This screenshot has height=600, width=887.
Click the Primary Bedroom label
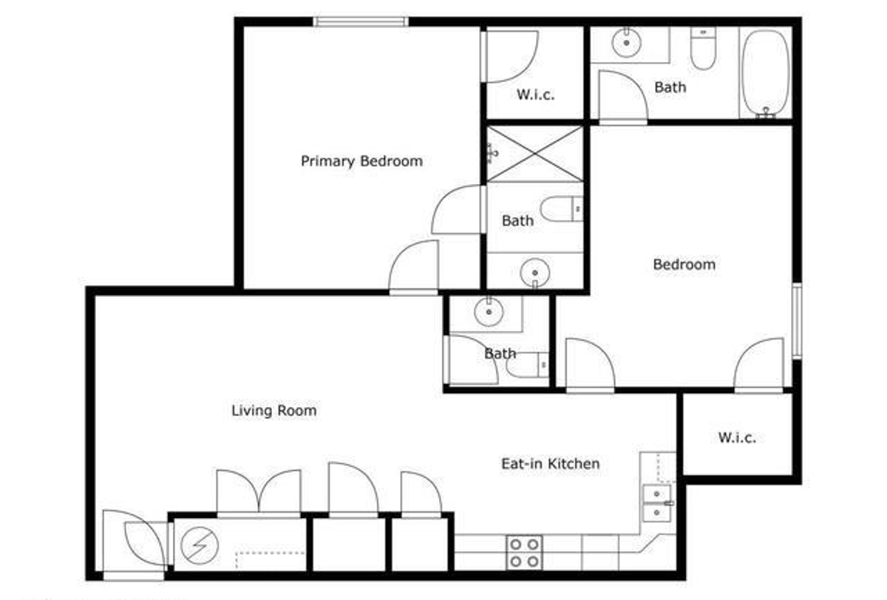point(361,162)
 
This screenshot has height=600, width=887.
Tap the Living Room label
point(274,410)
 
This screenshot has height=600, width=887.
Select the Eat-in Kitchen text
point(551,463)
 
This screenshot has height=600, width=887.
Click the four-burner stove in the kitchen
point(524,553)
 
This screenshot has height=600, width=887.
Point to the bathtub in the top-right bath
point(766,73)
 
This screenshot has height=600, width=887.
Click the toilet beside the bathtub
point(703,48)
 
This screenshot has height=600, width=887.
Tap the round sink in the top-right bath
point(627,43)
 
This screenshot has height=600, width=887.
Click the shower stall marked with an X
point(534,154)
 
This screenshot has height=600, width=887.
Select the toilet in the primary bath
point(562,209)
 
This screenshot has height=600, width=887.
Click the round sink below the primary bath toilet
point(535,273)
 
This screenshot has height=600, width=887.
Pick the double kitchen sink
point(657,503)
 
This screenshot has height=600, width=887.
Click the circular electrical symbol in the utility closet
point(200,545)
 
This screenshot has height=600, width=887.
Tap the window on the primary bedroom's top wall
point(361,21)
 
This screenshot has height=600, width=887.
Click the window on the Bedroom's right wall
point(797,321)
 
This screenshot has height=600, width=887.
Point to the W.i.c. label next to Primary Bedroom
point(535,95)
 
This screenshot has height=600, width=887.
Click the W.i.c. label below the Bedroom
point(737,437)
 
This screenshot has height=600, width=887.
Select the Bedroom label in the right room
point(684,265)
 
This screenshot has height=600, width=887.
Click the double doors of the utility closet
point(259,494)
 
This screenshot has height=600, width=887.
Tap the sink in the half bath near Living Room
point(489,312)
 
